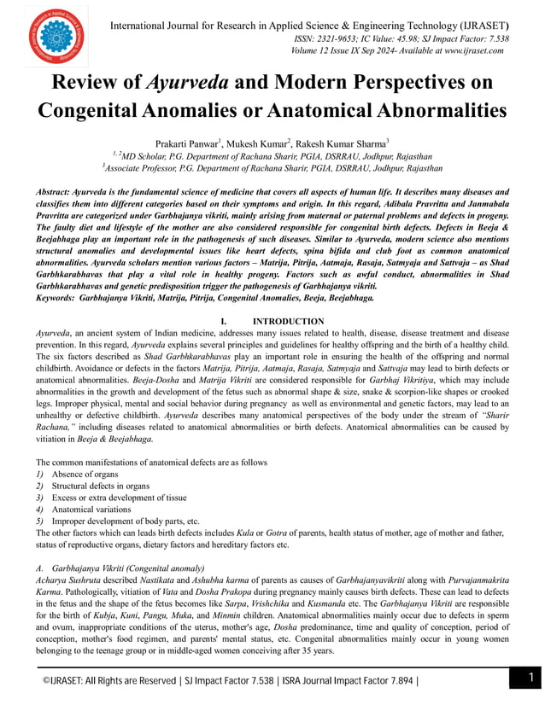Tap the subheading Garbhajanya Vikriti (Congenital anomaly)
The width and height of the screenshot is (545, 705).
tap(128, 568)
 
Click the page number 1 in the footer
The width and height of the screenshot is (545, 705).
tap(529, 678)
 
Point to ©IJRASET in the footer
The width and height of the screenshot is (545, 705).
tap(68, 680)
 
